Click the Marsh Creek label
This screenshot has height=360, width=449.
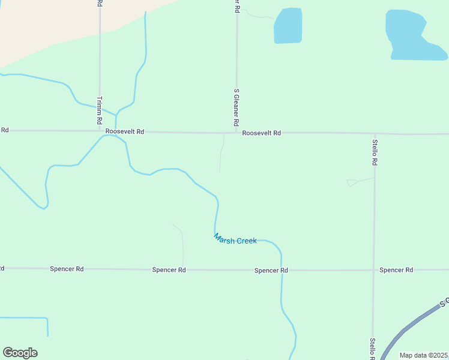pyautogui.click(x=235, y=239)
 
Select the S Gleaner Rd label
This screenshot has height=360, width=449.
pyautogui.click(x=237, y=107)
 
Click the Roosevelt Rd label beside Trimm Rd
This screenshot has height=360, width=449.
pyautogui.click(x=125, y=131)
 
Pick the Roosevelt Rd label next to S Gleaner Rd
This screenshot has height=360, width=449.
pyautogui.click(x=262, y=133)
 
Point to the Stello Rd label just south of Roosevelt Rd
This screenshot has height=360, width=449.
pyautogui.click(x=374, y=152)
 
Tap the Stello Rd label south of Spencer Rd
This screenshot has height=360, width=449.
pyautogui.click(x=373, y=349)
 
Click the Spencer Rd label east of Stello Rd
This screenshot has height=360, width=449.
pyautogui.click(x=396, y=270)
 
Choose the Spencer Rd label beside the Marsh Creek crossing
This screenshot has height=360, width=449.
pyautogui.click(x=271, y=271)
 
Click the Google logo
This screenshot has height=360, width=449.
pyautogui.click(x=20, y=353)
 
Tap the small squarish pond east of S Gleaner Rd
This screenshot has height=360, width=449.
pyautogui.click(x=288, y=26)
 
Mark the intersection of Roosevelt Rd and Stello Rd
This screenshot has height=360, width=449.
pyautogui.click(x=375, y=133)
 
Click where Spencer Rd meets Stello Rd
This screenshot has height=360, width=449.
pyautogui.click(x=373, y=270)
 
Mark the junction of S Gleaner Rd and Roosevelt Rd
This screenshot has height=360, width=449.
pyautogui.click(x=237, y=133)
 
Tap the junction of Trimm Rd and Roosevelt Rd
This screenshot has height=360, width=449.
pyautogui.click(x=100, y=131)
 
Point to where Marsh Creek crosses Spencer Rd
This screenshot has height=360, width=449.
pyautogui.click(x=281, y=270)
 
